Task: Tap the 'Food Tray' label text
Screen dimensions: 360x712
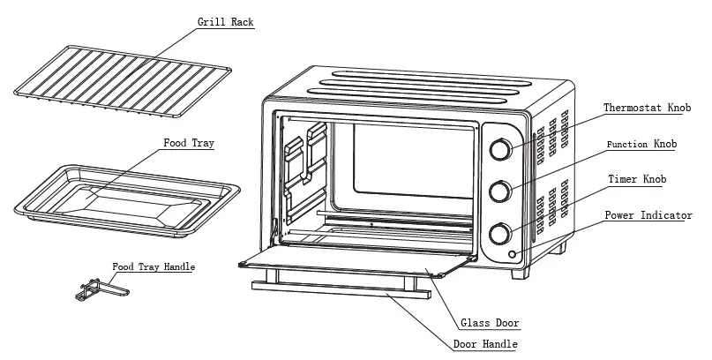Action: (x=189, y=142)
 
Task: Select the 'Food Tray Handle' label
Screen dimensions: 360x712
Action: (x=154, y=266)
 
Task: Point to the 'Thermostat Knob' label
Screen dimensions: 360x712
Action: (x=648, y=109)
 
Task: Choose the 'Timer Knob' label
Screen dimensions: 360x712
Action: (x=637, y=179)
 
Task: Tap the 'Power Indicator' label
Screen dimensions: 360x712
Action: (x=648, y=215)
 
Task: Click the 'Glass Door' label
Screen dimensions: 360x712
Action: (x=490, y=323)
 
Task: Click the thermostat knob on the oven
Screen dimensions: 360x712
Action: (x=499, y=150)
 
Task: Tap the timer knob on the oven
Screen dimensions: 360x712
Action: (x=499, y=233)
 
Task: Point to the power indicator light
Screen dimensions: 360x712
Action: (x=512, y=256)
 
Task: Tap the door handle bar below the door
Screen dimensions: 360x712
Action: (x=335, y=289)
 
